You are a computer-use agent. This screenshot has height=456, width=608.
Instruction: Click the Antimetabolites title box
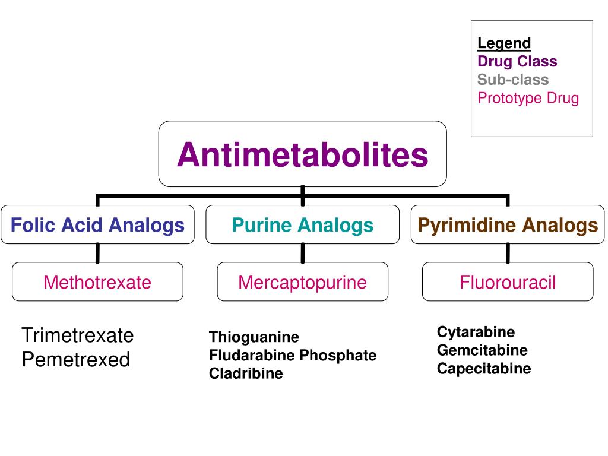coord(302,154)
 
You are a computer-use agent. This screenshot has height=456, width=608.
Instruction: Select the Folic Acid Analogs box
coord(97,225)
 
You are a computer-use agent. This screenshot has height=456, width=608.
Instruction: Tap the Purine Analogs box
coord(302,225)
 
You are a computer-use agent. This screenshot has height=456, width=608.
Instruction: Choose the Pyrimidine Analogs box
coord(508,225)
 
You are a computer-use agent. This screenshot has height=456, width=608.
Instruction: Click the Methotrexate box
coord(97,282)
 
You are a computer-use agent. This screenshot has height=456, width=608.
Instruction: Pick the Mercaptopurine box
coord(302,282)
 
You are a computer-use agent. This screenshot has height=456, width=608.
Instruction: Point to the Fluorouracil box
coord(508,282)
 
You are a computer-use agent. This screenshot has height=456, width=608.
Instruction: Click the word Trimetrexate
coord(78,335)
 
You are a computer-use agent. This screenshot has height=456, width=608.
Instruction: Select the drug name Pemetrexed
coord(75,360)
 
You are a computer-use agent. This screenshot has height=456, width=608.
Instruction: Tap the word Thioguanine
coord(254,337)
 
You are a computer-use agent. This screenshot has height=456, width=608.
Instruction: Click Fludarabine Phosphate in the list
coord(293,356)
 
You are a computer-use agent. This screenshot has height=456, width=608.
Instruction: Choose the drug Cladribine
coord(246,373)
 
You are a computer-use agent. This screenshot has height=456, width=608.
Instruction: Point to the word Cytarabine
coord(476,332)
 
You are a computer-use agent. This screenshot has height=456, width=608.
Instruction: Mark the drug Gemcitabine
coord(482,350)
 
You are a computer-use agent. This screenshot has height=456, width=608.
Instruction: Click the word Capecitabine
coord(484,369)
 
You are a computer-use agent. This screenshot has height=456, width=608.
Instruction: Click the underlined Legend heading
coord(504,43)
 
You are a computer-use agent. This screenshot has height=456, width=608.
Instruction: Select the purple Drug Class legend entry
coord(517,61)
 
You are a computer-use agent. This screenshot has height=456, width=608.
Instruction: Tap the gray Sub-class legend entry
coord(513,80)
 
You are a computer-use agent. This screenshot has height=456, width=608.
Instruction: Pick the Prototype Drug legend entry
coord(528,98)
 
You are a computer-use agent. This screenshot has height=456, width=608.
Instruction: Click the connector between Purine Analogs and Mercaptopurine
coord(303,253)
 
